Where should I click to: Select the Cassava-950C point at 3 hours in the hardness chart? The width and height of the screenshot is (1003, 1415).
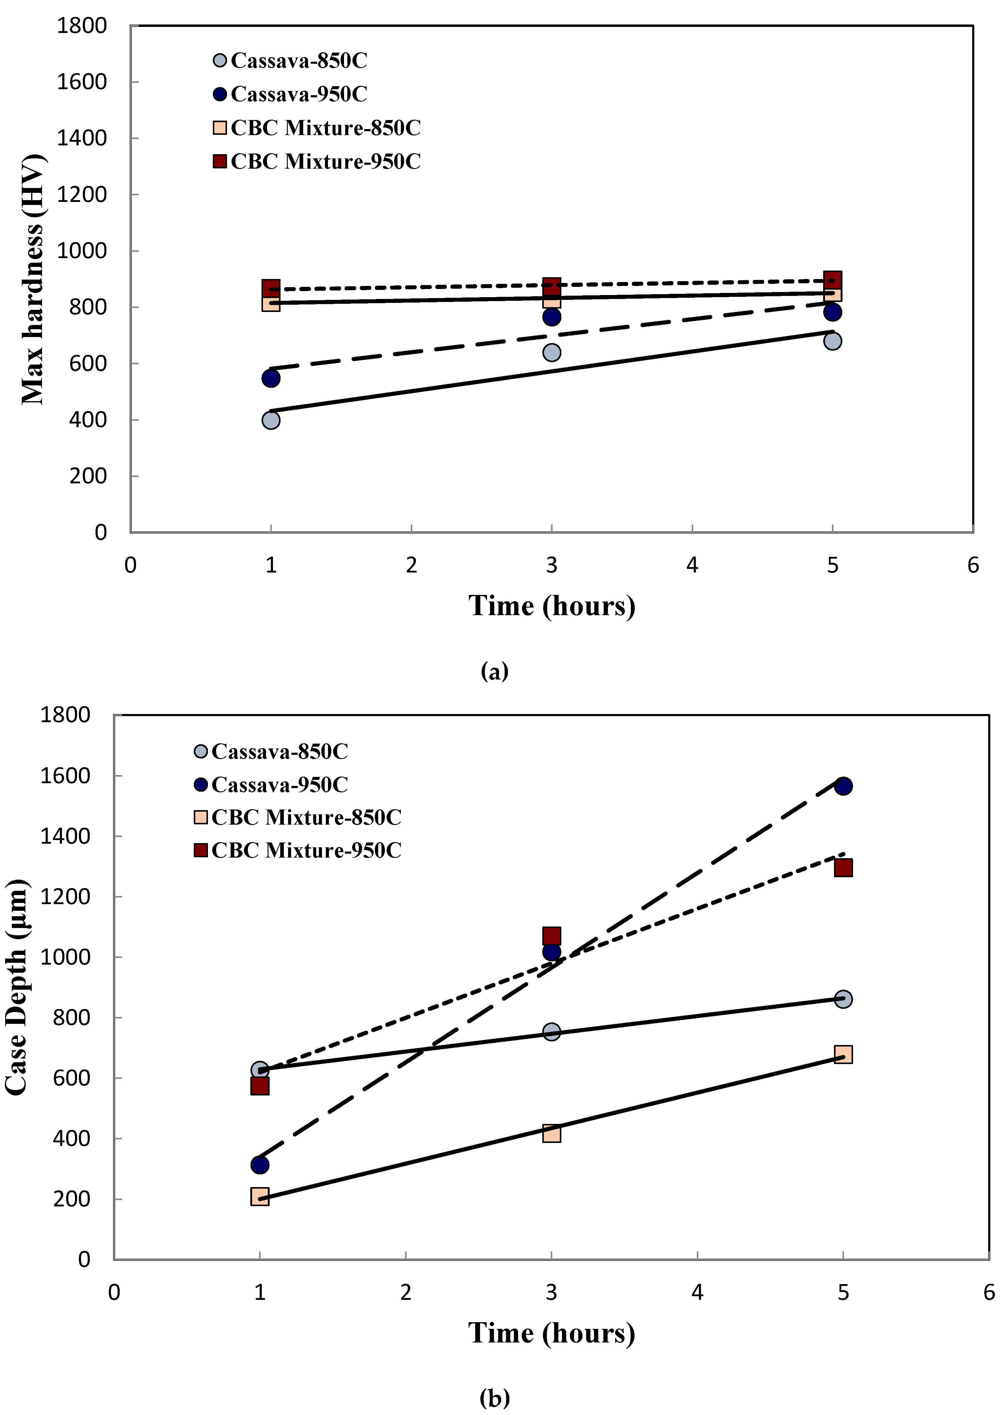[x=551, y=317]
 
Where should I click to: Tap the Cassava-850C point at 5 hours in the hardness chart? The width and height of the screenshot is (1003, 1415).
[x=832, y=341]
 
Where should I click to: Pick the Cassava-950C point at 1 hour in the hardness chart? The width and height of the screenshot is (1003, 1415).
[x=271, y=378]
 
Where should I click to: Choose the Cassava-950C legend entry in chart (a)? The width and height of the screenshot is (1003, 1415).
[x=290, y=94]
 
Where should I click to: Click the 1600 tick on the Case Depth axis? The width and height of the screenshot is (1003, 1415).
[x=65, y=776]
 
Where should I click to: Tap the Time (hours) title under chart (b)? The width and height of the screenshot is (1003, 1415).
[x=551, y=1333]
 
